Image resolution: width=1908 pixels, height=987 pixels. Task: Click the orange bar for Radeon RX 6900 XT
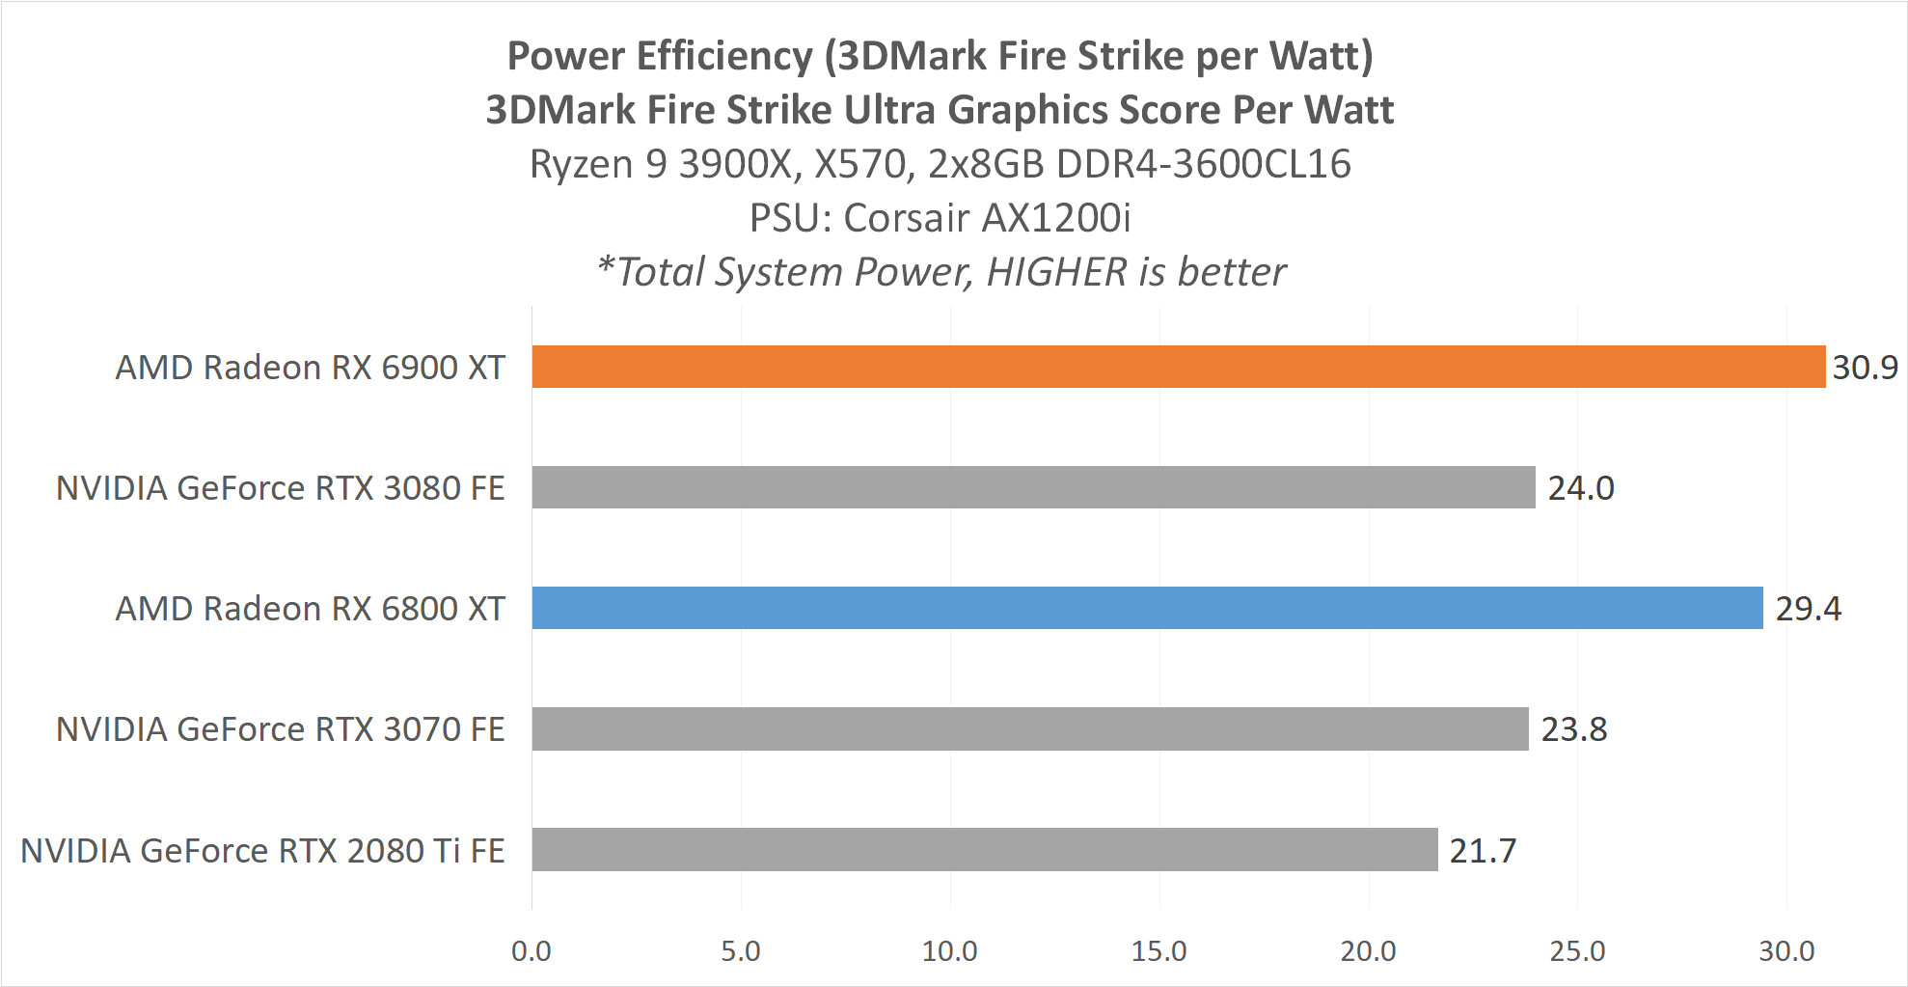coord(1178,367)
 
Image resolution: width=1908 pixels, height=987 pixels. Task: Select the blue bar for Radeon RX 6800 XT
coord(1147,608)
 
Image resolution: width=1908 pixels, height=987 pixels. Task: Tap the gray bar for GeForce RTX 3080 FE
coord(1033,487)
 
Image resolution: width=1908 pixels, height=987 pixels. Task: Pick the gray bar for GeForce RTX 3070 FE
coord(1029,728)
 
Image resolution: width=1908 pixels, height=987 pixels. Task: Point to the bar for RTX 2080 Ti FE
coord(984,849)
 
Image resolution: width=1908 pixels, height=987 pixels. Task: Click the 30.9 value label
coord(1865,368)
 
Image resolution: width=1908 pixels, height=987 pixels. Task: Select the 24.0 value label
coord(1581,488)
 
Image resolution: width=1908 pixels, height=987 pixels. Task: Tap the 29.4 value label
coord(1808,609)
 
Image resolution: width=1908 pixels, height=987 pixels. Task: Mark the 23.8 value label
coord(1574,729)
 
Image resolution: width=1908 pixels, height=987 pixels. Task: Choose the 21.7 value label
coord(1483,851)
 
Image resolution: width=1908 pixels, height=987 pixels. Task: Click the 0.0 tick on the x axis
coord(532,951)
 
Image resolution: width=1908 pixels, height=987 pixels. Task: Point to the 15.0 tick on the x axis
coord(1158,951)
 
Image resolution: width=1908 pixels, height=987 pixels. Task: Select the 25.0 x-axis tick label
coord(1577,951)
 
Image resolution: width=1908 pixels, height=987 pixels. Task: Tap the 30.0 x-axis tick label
coord(1786,951)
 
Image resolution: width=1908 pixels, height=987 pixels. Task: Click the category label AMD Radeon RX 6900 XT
coord(310,368)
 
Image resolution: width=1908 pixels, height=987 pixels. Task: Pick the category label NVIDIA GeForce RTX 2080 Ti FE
coord(262,851)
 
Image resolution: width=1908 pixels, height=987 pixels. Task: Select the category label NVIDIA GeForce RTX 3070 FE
coord(280,729)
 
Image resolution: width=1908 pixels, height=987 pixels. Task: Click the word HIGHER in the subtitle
coord(1056,272)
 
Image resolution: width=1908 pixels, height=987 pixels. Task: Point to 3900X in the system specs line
coord(736,164)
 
